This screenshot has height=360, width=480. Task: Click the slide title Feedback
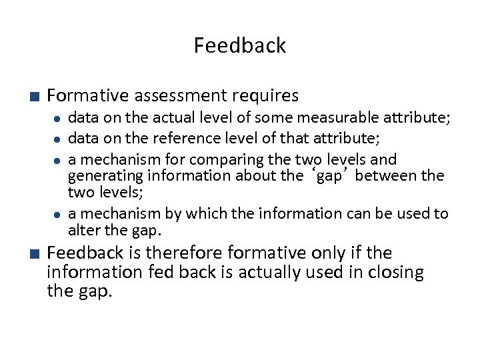coord(239,45)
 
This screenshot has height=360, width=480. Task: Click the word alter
coord(83,230)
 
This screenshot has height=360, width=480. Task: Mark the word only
coord(327,253)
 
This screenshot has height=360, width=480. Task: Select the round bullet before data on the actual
coord(59,119)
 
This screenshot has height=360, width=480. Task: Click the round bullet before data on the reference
coord(59,139)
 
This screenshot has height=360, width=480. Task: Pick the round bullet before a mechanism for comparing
coord(59,160)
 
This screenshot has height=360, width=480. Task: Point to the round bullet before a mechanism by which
coord(59,214)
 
